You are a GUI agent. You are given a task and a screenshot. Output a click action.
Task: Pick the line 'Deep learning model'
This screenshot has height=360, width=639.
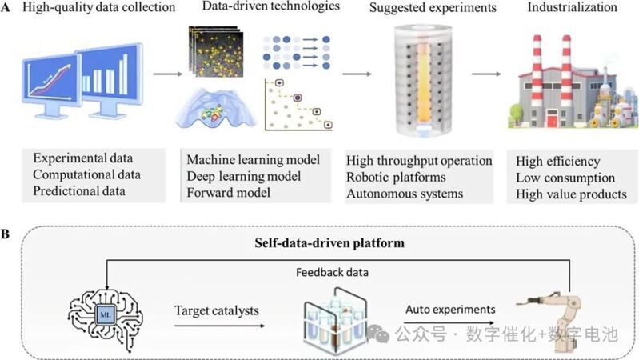pos(240,176)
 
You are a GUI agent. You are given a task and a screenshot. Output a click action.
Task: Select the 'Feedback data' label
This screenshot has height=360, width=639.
pos(326,271)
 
